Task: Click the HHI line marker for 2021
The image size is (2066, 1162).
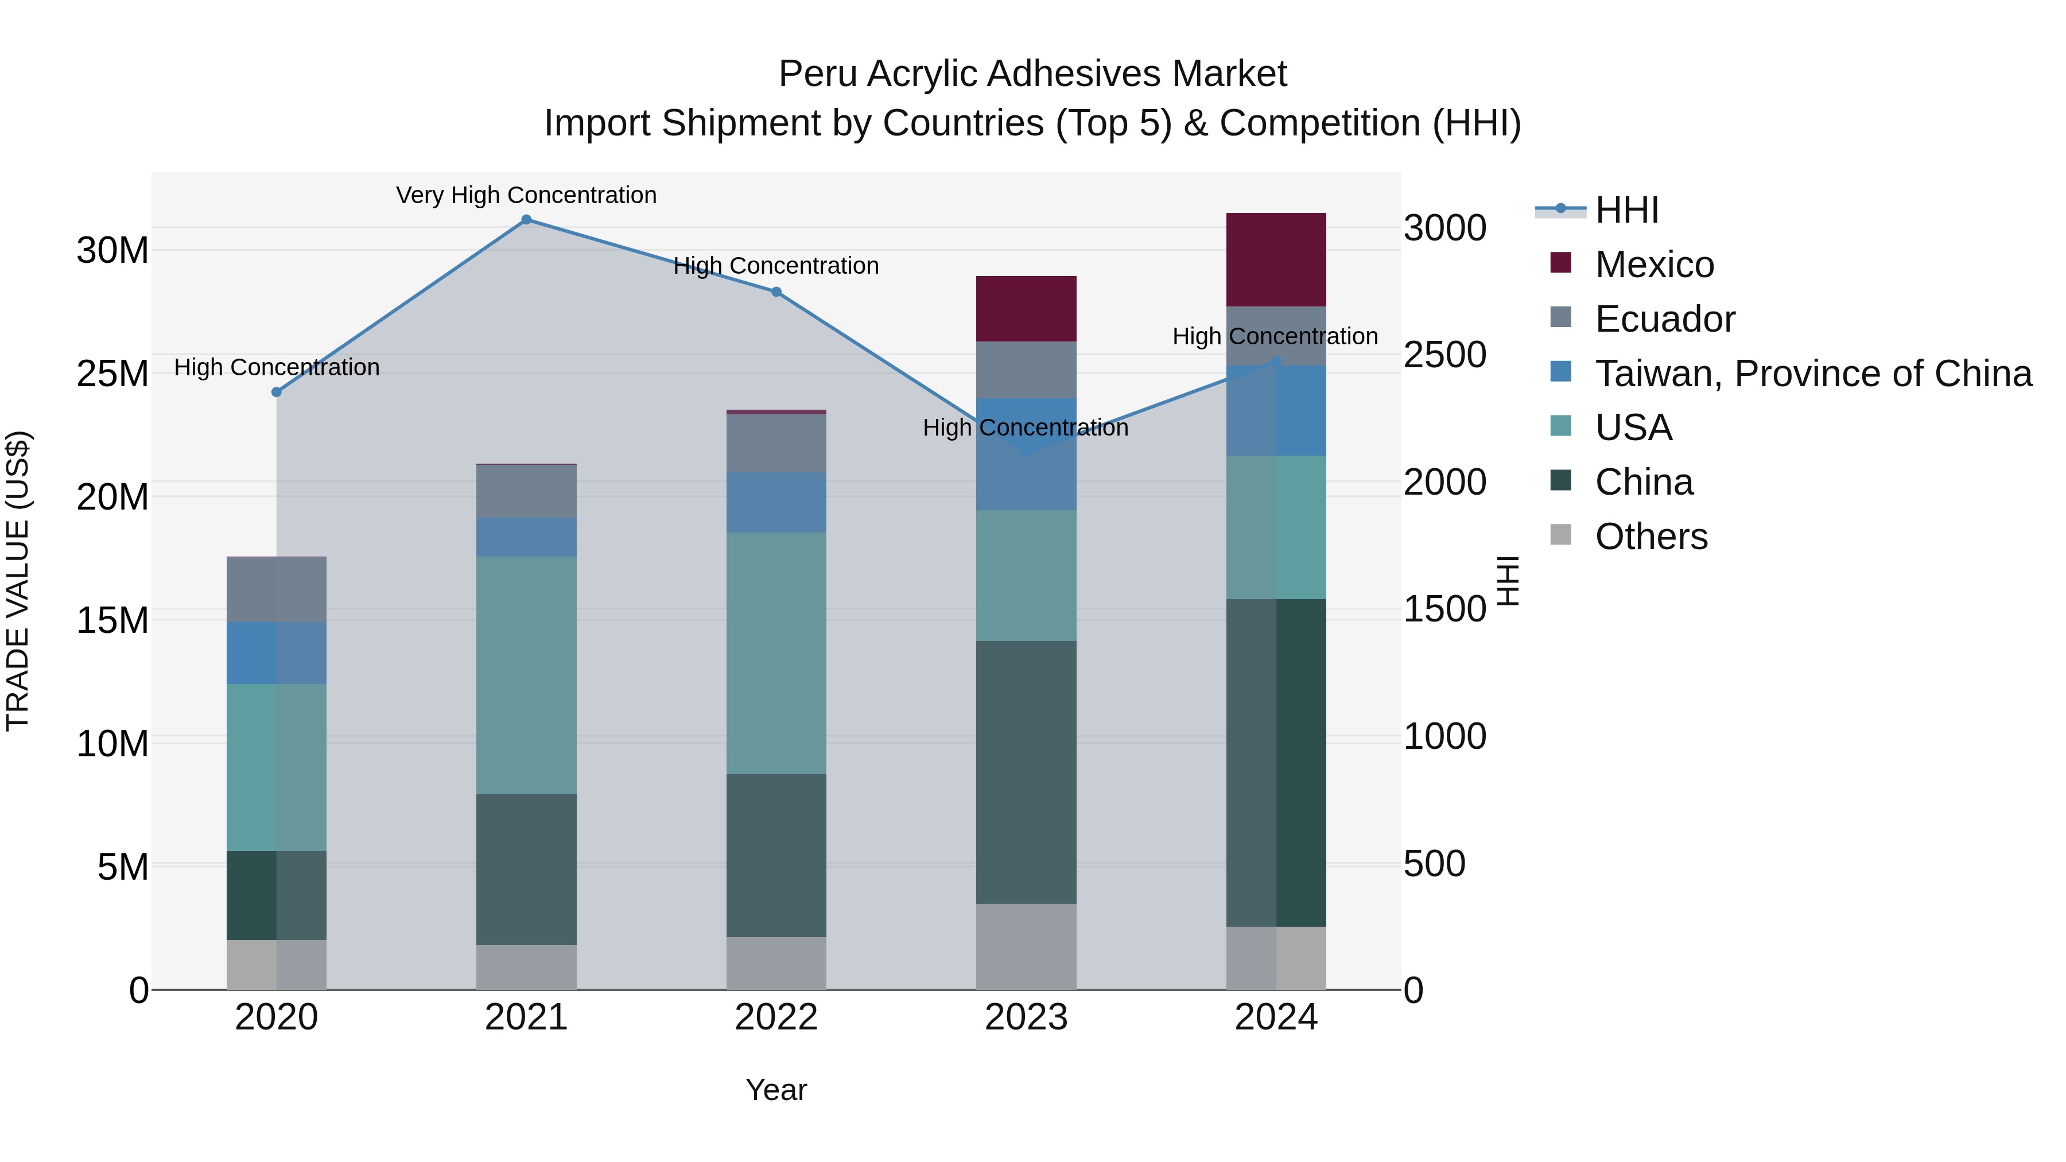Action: (526, 220)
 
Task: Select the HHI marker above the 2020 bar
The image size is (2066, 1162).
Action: (277, 392)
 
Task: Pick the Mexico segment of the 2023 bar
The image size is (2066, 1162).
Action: (1026, 309)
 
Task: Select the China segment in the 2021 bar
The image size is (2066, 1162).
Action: (526, 869)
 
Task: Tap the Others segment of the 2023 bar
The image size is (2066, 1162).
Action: (1026, 946)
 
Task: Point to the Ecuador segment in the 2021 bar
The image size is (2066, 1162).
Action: (526, 491)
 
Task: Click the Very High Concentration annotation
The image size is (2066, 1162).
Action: (526, 195)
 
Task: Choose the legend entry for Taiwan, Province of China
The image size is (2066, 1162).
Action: (1812, 373)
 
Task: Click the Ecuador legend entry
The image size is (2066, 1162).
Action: (1664, 318)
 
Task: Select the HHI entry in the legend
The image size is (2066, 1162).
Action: (1626, 210)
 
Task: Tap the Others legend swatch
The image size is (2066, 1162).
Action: (1561, 535)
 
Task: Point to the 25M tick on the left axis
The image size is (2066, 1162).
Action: (112, 374)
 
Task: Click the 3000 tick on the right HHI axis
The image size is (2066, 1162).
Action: (1444, 228)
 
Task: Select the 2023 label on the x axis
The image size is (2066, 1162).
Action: (1026, 1017)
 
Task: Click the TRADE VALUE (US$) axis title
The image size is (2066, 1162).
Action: (18, 581)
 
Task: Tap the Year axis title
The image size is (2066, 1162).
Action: (775, 1090)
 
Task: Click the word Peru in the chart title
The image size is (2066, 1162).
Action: (817, 74)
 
